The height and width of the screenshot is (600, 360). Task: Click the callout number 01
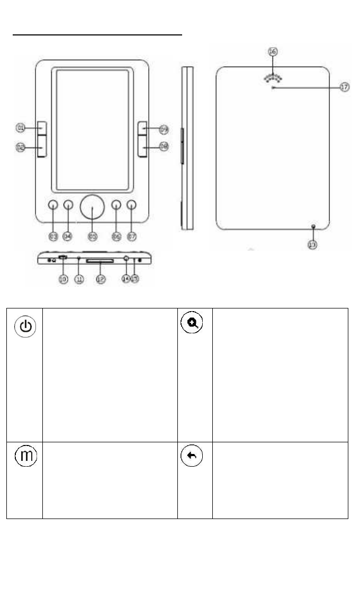(x=21, y=128)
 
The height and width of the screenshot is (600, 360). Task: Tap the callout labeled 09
(x=164, y=129)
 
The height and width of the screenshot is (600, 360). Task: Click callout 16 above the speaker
(x=273, y=52)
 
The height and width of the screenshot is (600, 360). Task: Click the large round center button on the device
(x=93, y=208)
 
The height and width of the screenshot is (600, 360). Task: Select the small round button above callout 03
(x=53, y=206)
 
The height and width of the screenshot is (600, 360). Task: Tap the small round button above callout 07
(x=131, y=206)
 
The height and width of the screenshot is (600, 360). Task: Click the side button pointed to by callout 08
(x=144, y=147)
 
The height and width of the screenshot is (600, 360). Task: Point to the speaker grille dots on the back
(x=273, y=77)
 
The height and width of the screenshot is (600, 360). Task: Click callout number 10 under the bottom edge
(x=63, y=278)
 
